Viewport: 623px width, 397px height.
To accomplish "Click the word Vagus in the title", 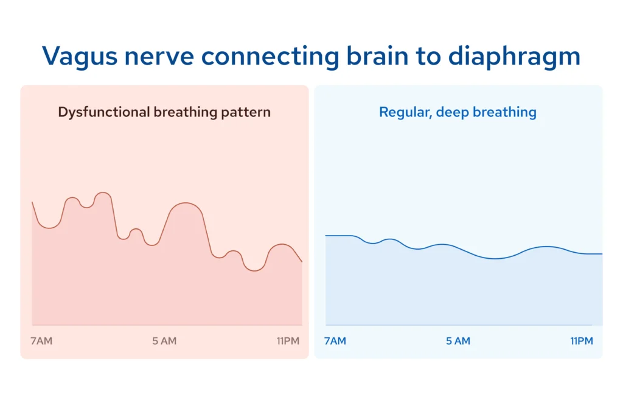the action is [x=80, y=57].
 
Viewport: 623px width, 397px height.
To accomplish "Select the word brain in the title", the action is [x=377, y=56].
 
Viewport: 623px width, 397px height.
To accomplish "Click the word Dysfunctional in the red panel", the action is [x=103, y=112].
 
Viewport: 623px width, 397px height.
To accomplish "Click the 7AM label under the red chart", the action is [x=41, y=341].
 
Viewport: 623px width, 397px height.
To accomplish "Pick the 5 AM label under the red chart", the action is [x=164, y=341].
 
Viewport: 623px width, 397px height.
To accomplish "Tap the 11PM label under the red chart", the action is [x=288, y=341].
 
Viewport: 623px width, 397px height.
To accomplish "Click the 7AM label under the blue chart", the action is [x=335, y=341].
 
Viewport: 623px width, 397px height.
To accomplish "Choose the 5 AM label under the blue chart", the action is [x=458, y=341].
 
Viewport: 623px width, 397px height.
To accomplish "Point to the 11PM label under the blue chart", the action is [x=582, y=341].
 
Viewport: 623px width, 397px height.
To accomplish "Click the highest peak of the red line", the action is [x=103, y=192].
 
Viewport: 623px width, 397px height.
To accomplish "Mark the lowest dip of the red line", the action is [x=254, y=271].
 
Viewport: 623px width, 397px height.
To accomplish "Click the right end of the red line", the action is [x=302, y=262].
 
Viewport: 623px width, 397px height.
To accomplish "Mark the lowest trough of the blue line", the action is [x=495, y=259].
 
